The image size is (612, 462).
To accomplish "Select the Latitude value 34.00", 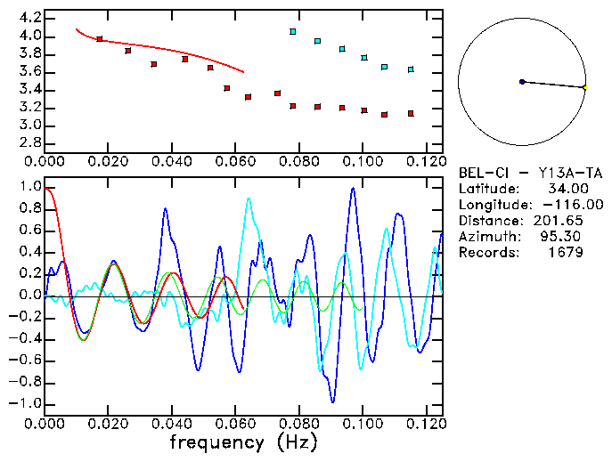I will pyautogui.click(x=564, y=189).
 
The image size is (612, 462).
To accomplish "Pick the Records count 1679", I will pyautogui.click(x=566, y=253).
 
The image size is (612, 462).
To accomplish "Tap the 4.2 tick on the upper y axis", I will pyautogui.click(x=29, y=18).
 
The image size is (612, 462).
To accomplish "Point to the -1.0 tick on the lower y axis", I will pyautogui.click(x=27, y=403).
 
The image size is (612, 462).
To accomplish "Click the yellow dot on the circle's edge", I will pyautogui.click(x=585, y=87).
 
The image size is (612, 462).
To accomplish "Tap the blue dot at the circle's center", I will pyautogui.click(x=522, y=82).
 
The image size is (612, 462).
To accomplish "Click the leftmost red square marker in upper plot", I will pyautogui.click(x=100, y=39).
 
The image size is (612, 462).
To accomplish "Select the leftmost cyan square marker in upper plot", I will pyautogui.click(x=293, y=32).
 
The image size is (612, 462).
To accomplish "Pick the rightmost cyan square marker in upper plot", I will pyautogui.click(x=411, y=69).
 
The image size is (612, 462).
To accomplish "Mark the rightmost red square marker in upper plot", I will pyautogui.click(x=411, y=114).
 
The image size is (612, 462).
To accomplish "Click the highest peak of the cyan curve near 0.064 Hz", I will pyautogui.click(x=249, y=199).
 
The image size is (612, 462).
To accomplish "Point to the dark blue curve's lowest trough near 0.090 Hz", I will pyautogui.click(x=332, y=401).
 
